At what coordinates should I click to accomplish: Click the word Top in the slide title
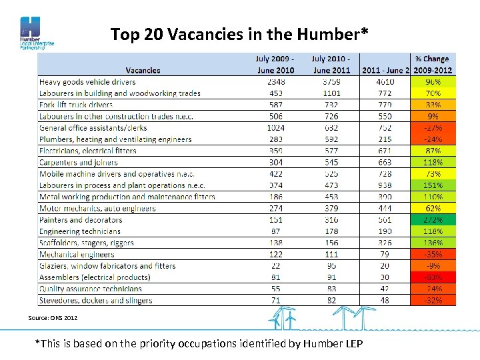(x=124, y=34)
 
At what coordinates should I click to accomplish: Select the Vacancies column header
(x=143, y=70)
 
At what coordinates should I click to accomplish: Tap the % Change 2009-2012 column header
(x=433, y=65)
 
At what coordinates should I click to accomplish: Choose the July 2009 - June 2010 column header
(x=275, y=65)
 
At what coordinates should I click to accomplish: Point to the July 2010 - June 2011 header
(x=331, y=65)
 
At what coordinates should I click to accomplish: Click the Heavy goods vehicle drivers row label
(x=87, y=82)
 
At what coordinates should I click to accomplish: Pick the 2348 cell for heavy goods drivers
(x=275, y=82)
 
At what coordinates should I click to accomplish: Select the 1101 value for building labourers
(x=331, y=93)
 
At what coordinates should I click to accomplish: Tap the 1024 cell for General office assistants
(x=275, y=128)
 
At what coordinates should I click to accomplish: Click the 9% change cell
(x=433, y=117)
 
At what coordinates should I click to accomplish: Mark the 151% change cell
(x=433, y=185)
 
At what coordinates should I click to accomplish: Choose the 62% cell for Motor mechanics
(x=433, y=209)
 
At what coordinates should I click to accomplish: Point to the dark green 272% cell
(x=433, y=220)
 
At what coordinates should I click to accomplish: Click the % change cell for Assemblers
(x=433, y=277)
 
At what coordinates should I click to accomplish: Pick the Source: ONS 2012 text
(x=53, y=318)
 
